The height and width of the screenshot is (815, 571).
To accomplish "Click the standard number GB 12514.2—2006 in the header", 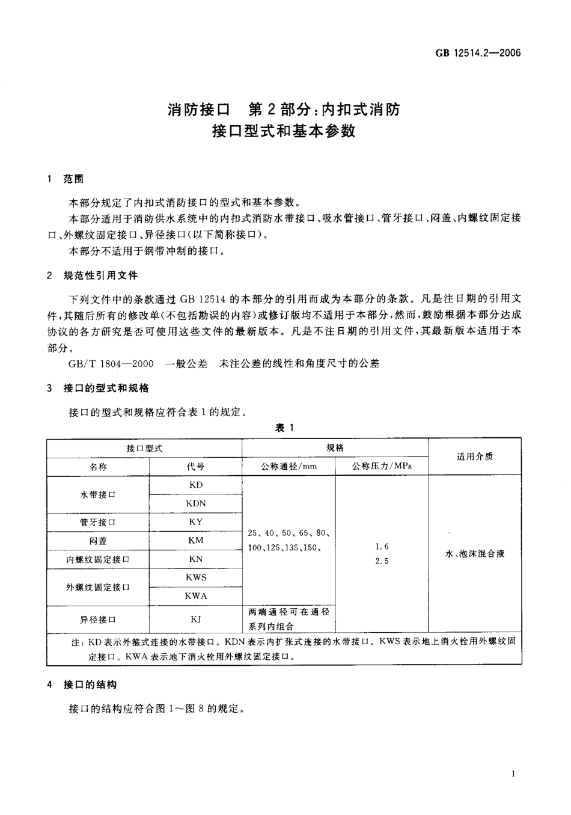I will [477, 54].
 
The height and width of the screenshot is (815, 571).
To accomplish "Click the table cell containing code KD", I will [195, 485].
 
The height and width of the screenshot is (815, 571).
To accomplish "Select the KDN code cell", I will [195, 503].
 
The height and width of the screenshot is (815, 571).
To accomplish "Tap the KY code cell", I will [195, 522].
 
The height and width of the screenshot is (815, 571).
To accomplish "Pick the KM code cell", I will [195, 541].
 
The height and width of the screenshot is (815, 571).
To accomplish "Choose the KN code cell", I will [195, 559].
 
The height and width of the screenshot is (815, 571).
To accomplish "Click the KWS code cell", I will [195, 577].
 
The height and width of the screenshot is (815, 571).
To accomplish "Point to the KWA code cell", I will [195, 596].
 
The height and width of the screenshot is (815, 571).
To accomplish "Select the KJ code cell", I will [195, 619].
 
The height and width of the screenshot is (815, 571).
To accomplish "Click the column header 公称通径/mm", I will [289, 467].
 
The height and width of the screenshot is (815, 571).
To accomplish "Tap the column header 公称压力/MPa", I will [381, 467].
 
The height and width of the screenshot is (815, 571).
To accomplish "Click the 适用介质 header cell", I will [474, 457].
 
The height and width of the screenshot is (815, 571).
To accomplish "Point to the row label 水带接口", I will [98, 494].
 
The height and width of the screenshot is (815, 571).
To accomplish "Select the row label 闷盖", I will [98, 541].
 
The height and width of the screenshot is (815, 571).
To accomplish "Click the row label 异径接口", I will [98, 619].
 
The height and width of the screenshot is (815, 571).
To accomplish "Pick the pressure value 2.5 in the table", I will [382, 561].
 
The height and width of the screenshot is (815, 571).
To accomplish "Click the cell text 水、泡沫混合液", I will [474, 554].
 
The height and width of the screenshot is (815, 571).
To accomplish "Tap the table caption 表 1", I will [284, 428].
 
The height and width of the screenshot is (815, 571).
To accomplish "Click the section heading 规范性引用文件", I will [101, 275].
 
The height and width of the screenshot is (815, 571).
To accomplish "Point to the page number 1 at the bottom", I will [513, 774].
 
